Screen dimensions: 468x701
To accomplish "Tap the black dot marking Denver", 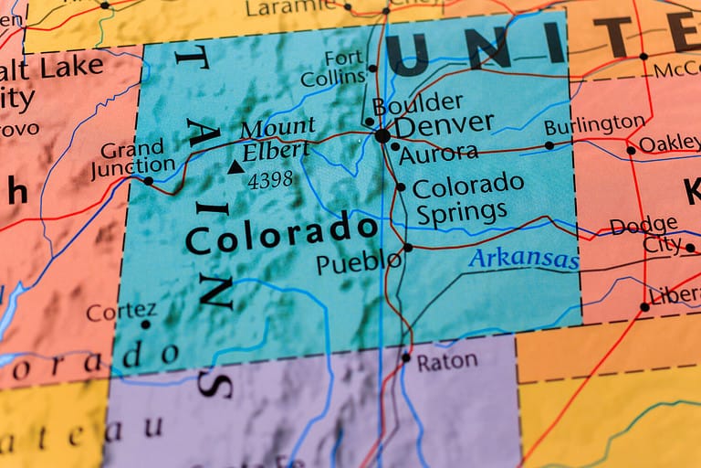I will point(382,135).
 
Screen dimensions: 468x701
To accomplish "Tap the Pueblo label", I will point(357,263).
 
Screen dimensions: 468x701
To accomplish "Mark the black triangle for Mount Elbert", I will point(235,166).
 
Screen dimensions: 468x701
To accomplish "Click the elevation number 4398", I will point(270,180).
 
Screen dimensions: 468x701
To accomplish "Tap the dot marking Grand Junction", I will point(149,181).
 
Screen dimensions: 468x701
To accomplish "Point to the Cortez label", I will point(121,312).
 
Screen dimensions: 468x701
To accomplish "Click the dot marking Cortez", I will point(145,324).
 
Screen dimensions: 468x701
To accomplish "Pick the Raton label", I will point(446,361).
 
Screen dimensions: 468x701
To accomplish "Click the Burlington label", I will point(594,125).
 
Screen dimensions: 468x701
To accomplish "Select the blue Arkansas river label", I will point(523,260).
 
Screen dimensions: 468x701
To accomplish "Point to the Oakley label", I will point(669,144).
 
